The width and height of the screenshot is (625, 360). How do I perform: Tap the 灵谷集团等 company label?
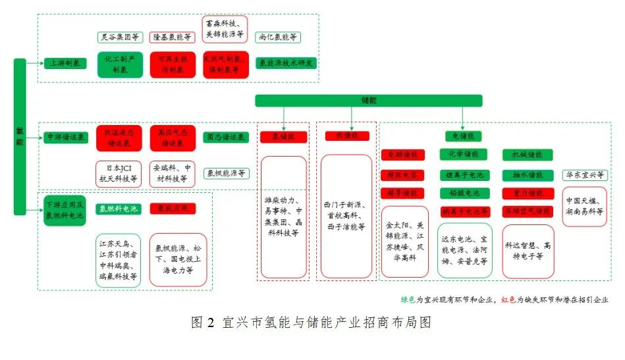[119, 37]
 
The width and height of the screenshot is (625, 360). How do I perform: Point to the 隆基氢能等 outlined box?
[171, 37]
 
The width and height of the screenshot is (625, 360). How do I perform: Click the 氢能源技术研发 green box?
[286, 64]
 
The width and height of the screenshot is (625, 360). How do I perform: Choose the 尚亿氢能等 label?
[277, 37]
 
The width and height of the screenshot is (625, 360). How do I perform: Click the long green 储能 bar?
[369, 100]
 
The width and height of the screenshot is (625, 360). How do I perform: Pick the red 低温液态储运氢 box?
[119, 137]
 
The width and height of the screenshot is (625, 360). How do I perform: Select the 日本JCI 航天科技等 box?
[119, 172]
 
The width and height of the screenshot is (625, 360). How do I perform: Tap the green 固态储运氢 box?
[227, 137]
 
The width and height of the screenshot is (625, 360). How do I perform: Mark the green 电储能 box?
[464, 136]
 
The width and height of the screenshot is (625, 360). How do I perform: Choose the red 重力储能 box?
[524, 193]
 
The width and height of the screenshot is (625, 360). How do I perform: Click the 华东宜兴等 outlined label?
[585, 175]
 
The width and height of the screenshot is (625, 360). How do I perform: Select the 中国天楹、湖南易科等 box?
[585, 207]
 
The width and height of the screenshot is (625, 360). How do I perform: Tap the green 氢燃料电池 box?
[119, 209]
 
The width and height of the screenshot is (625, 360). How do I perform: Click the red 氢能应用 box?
[173, 209]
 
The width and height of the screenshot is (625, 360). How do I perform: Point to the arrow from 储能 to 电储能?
[464, 119]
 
